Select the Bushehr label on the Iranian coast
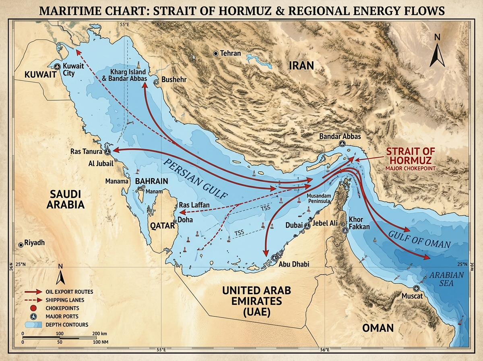tap(173, 80)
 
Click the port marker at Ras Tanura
tap(107, 152)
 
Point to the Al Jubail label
tap(101, 164)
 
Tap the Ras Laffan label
tap(194, 205)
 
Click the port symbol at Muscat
tap(416, 288)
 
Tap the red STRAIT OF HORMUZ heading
tap(411, 156)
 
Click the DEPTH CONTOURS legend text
tap(67, 324)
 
